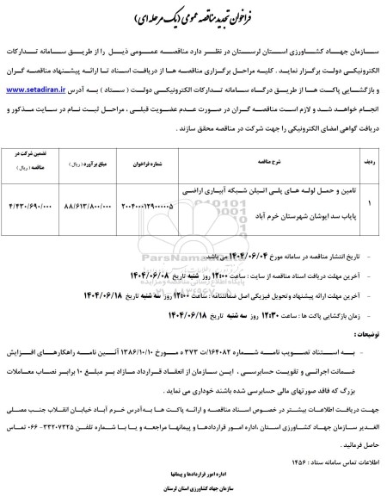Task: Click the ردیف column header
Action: coord(359,159)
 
